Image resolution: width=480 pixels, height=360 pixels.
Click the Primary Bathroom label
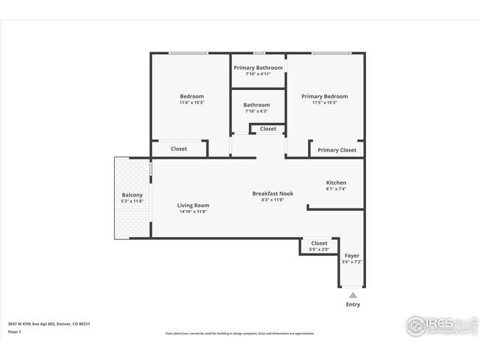tap(258, 67)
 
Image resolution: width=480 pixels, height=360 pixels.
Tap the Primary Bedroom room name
tap(325, 96)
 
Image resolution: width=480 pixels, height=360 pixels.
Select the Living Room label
tap(193, 205)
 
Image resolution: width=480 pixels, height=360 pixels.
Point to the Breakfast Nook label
tap(272, 193)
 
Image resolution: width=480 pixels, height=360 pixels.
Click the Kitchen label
tap(336, 183)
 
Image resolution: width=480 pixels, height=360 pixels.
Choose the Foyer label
tap(352, 256)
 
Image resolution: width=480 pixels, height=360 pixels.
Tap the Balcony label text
tap(132, 195)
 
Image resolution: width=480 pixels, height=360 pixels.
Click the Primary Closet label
tap(337, 150)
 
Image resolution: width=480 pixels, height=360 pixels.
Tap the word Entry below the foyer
tap(352, 304)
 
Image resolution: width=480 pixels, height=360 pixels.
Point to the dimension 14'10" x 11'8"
tap(193, 211)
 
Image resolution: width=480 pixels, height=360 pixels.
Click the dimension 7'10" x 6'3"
tap(257, 111)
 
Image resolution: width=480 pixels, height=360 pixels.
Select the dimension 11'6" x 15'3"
tap(191, 103)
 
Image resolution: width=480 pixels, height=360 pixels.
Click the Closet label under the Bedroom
tap(179, 148)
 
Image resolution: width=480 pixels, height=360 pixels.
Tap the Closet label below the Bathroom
tap(268, 129)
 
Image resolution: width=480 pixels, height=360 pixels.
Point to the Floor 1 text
tap(15, 331)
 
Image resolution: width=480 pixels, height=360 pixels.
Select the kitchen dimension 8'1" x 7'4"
tap(336, 190)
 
